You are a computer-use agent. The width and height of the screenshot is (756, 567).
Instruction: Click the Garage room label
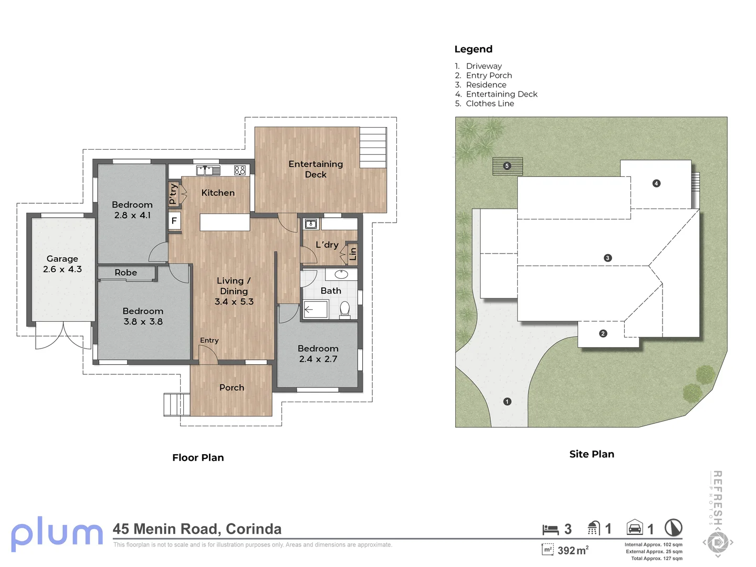[62, 258]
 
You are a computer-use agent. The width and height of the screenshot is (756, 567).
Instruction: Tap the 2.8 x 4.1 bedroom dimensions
[133, 215]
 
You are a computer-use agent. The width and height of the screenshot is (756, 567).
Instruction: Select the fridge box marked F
[174, 220]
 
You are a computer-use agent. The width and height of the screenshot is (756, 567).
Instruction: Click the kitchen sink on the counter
[208, 171]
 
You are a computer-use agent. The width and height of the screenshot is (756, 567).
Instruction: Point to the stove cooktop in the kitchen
[240, 170]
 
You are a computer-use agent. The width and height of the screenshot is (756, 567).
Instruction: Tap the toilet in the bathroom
[345, 310]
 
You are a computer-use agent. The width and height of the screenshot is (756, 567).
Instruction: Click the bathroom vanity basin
[341, 275]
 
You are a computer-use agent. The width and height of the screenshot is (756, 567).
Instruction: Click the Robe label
[125, 272]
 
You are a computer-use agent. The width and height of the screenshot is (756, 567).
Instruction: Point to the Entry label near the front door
[209, 340]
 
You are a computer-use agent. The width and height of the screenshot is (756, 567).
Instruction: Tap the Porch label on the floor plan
[232, 387]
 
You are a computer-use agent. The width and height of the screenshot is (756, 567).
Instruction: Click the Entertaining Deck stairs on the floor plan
[373, 148]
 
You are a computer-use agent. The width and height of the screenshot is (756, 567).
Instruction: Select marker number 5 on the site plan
[507, 166]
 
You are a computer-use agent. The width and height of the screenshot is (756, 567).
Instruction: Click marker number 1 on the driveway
[507, 402]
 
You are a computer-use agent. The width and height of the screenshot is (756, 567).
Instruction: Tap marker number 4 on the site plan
[656, 184]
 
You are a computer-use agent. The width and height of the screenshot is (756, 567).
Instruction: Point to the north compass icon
[674, 528]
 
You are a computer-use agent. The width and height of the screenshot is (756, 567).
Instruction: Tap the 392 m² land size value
[573, 551]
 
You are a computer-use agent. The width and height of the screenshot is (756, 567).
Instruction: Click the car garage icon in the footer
[635, 528]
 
